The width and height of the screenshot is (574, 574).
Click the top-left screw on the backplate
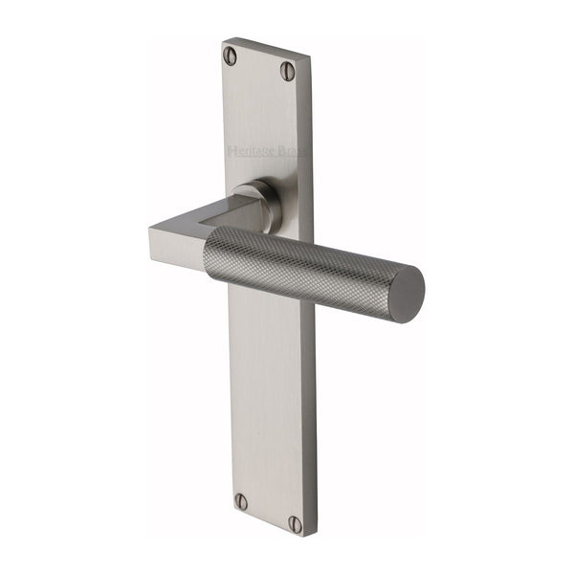tap(230, 55)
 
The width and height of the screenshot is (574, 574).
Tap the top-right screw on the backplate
tap(287, 70)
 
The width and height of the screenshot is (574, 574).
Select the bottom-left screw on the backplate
tap(241, 501)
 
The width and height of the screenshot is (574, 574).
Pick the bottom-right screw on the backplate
tap(296, 523)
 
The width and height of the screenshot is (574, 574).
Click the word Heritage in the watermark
tap(251, 149)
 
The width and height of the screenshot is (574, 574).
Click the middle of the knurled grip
tap(306, 263)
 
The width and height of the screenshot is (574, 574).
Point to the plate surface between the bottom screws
tap(268, 513)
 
